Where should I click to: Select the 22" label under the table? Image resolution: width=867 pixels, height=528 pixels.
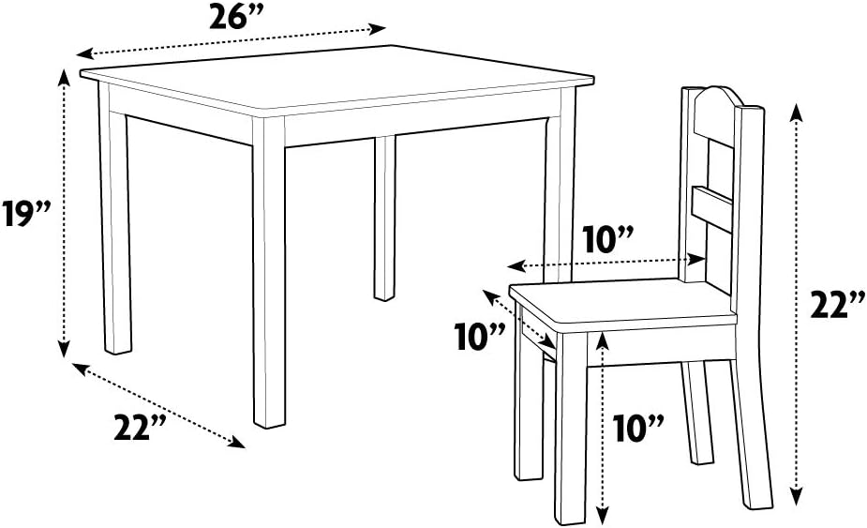[x=141, y=428]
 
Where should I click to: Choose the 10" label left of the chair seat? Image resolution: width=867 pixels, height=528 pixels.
[x=482, y=336]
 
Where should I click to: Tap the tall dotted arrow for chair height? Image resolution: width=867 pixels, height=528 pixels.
[x=797, y=305]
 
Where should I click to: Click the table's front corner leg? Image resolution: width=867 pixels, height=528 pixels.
[x=269, y=281]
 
